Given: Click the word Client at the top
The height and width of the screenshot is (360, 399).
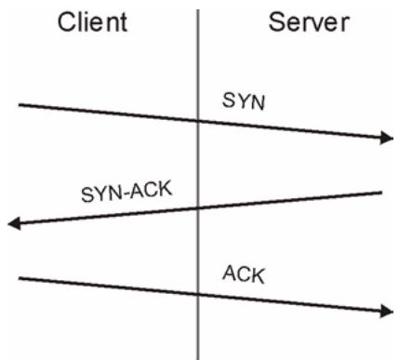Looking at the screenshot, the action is (x=92, y=22).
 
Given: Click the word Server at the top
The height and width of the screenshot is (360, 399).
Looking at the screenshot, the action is (x=309, y=22).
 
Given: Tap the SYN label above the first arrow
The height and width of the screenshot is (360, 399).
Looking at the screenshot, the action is (x=244, y=101).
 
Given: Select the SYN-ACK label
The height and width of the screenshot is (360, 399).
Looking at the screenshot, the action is (x=126, y=192).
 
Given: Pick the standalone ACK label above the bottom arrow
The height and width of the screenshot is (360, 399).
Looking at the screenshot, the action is (x=244, y=274).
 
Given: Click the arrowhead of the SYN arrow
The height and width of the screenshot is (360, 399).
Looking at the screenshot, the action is (x=387, y=138).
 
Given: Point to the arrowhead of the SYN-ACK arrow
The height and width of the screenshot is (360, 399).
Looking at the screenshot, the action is (x=14, y=223).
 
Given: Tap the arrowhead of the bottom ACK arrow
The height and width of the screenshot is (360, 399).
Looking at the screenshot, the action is (x=387, y=311).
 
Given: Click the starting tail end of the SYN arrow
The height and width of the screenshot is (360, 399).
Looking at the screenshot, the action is (x=20, y=105).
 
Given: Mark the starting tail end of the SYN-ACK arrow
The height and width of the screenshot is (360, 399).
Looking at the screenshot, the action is (x=381, y=193).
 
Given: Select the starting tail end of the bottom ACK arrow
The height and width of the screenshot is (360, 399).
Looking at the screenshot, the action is (x=20, y=278).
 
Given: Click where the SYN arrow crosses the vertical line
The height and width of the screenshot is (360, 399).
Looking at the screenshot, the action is (x=198, y=121).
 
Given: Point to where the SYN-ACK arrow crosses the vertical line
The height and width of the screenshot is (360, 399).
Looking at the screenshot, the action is (x=198, y=208).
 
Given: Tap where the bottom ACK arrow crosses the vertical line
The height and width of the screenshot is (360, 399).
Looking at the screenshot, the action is (x=198, y=295).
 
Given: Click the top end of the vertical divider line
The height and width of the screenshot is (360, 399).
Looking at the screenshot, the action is (x=198, y=10).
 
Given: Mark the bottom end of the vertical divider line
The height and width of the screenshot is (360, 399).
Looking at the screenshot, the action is (x=198, y=359).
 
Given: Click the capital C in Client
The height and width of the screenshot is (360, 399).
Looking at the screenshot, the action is (x=67, y=22).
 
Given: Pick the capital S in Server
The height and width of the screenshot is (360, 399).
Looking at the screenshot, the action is (x=277, y=22).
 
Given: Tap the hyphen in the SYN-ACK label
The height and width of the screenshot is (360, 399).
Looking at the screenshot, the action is (x=126, y=194).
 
